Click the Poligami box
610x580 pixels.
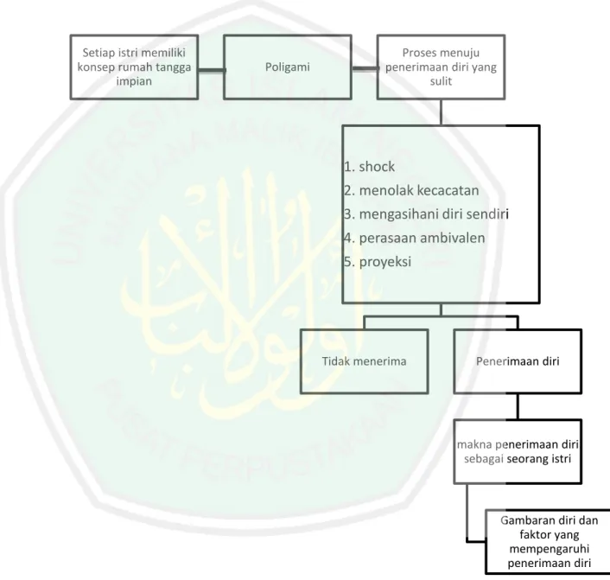[288, 67]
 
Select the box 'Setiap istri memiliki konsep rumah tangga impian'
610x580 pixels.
[134, 67]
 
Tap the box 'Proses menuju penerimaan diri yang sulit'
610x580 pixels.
[441, 67]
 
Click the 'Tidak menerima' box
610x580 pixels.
[364, 361]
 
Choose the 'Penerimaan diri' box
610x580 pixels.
[518, 361]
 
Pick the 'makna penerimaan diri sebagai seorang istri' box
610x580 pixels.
[518, 451]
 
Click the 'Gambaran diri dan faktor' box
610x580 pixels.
[549, 541]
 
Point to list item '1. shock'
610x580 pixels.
[369, 167]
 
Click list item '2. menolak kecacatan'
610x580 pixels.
[411, 190]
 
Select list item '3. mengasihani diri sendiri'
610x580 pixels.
[426, 214]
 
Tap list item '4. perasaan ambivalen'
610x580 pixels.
[415, 238]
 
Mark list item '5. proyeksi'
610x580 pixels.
[378, 262]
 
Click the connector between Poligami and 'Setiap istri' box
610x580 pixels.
[211, 70]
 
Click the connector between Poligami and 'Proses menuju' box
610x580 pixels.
[365, 69]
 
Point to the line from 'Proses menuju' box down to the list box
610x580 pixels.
[441, 112]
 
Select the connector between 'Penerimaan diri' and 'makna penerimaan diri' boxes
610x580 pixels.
[518, 406]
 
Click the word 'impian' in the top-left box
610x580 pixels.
[134, 81]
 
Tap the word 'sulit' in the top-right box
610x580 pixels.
[441, 81]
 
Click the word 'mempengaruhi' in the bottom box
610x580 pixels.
[549, 549]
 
